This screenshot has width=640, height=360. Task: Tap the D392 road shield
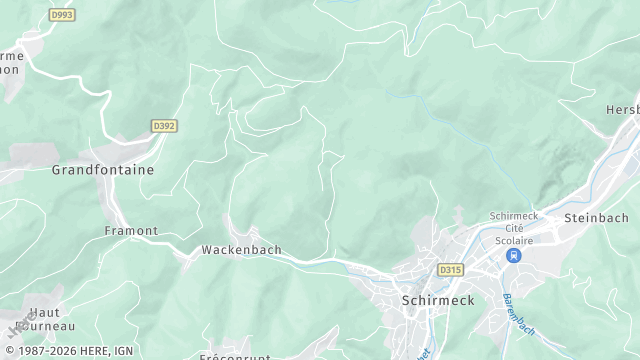click(x=164, y=126)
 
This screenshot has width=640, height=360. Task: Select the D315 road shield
click(x=450, y=270)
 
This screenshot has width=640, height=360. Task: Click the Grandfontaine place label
click(x=103, y=170)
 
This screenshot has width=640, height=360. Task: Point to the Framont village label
click(x=131, y=230)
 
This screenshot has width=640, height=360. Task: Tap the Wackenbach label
click(x=241, y=250)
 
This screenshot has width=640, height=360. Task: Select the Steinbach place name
click(x=597, y=217)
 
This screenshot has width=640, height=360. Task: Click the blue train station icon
click(x=514, y=256)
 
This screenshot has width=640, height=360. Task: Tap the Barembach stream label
click(x=519, y=314)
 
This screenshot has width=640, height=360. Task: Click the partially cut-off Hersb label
click(x=622, y=109)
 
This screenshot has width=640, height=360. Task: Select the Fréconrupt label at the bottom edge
click(x=236, y=355)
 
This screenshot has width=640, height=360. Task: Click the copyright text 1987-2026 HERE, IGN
click(x=71, y=350)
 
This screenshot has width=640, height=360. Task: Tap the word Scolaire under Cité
click(x=514, y=240)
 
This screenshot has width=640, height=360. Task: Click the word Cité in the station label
click(x=514, y=228)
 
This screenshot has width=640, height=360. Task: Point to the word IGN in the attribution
click(x=122, y=350)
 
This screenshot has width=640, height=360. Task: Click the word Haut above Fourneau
click(x=44, y=312)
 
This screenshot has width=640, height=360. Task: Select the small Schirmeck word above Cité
click(x=514, y=216)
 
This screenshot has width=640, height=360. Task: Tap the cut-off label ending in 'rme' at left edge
click(x=12, y=56)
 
